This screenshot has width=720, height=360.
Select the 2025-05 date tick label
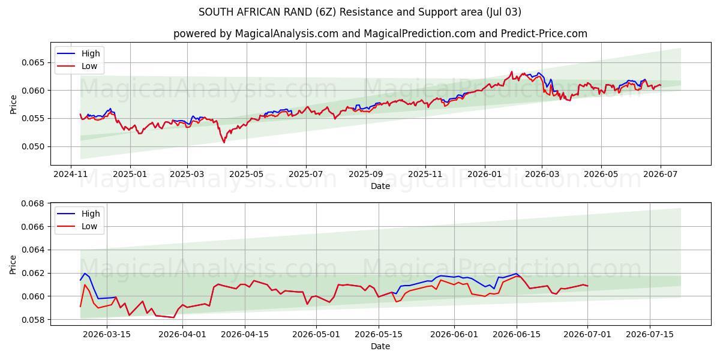pos(247,174)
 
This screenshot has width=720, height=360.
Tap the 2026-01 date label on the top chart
pos(485,174)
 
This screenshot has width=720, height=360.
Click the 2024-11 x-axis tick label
pos(71,174)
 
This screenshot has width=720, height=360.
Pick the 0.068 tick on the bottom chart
pos(32,203)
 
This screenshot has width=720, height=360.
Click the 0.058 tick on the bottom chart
pos(32,320)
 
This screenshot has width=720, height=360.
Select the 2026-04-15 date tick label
pos(245,334)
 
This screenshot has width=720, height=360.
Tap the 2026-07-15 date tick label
pos(650,334)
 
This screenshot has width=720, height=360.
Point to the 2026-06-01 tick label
pos(454,334)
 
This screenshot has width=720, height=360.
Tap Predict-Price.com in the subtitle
pos(544,34)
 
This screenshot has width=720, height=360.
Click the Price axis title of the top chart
pos(13,104)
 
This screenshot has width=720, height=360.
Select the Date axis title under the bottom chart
pos(380,347)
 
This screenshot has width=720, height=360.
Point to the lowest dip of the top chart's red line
pos(224,142)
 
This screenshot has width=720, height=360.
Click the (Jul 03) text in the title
pos(503,12)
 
